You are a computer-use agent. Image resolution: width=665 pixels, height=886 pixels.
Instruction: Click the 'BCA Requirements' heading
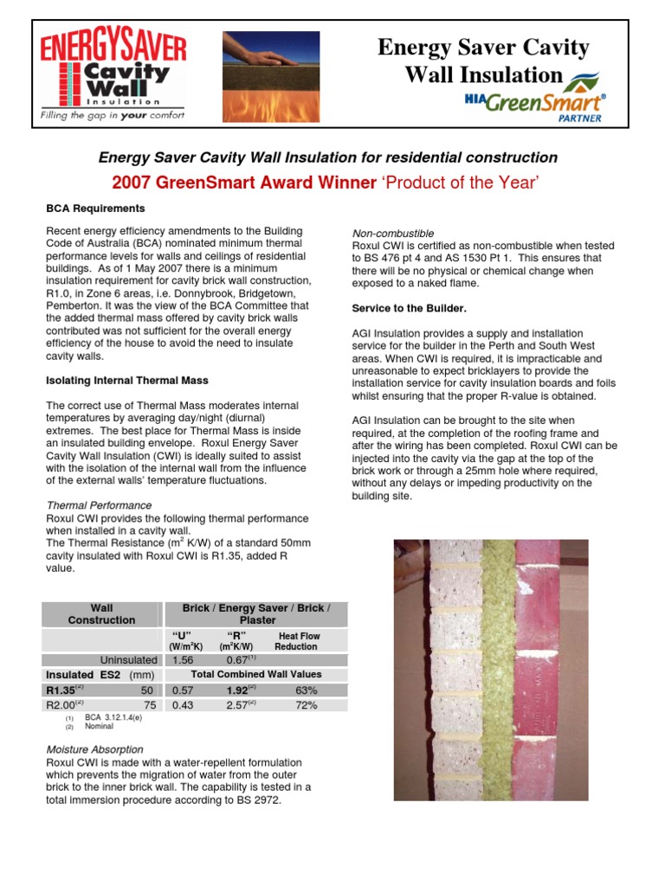[95, 209]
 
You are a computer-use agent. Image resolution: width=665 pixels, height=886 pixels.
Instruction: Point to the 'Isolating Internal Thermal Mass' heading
[126, 380]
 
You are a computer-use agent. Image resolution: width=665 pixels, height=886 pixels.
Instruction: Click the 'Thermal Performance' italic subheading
[99, 505]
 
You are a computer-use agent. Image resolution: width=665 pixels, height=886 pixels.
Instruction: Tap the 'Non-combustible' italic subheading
[392, 234]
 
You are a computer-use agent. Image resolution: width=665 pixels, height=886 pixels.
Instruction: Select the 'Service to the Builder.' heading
[409, 308]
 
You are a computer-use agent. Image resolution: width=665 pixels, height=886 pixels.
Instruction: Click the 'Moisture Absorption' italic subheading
[94, 749]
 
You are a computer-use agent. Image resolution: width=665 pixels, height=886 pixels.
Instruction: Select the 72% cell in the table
[306, 705]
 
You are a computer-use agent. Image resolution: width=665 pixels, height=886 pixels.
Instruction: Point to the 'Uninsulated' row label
[127, 659]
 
